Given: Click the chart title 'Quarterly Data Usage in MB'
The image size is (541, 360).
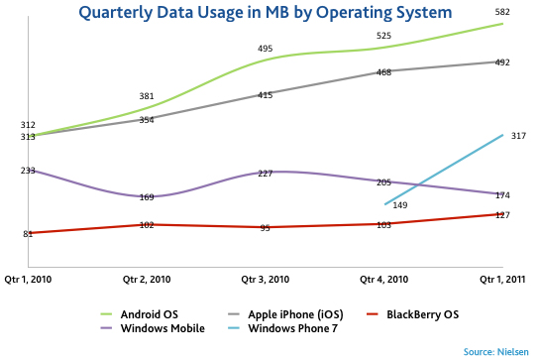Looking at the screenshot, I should tap(270, 13).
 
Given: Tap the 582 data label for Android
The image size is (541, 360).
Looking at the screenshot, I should tap(502, 11).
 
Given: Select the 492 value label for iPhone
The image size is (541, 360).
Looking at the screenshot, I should tap(502, 62).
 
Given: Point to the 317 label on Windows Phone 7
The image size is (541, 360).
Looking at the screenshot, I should tap(518, 136).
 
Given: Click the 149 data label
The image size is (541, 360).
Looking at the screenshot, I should tap(400, 205).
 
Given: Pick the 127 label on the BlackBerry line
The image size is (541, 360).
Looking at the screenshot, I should tap(502, 215).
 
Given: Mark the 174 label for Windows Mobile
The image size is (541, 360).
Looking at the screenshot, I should tap(502, 195).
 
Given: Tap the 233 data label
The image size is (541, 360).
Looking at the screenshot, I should tap(28, 171).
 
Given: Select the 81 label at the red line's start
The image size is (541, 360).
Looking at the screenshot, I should tap(28, 234).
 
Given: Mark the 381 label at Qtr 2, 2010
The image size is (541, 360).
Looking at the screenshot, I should tap(146, 96).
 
